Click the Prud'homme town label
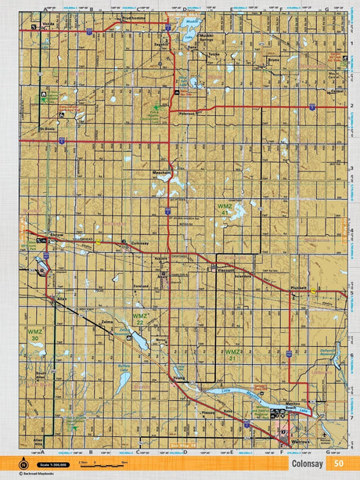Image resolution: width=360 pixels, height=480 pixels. pos(135,16)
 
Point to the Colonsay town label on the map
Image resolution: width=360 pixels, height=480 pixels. pos(140,243)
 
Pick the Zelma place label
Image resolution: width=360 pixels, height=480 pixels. pos(107,322)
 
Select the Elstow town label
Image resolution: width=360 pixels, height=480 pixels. pos(56,234)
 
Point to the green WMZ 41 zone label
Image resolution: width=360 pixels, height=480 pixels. pos(224,208)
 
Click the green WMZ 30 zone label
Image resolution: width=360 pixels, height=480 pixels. pos(35,334)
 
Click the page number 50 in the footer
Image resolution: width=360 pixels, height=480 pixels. pos(338,463)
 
